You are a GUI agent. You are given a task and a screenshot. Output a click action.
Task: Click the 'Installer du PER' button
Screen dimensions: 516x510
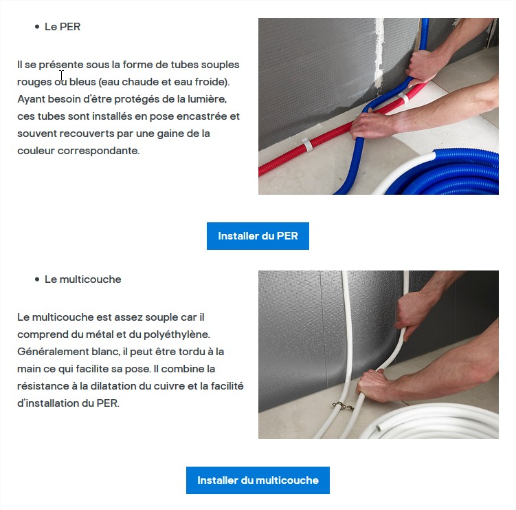258,236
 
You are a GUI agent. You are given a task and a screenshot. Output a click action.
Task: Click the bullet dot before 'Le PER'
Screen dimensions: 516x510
37,27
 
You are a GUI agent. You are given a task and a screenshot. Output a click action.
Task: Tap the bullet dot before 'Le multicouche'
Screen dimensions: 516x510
37,279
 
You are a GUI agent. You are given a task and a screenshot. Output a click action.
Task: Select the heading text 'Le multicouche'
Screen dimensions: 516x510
83,279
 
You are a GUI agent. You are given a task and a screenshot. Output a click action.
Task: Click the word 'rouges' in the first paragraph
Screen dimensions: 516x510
34,82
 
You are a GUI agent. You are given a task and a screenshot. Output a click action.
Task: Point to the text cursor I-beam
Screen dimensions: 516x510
61,75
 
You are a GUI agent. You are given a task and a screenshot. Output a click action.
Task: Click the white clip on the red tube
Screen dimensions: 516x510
307,145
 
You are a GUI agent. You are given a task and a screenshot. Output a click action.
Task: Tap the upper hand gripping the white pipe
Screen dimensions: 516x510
413,313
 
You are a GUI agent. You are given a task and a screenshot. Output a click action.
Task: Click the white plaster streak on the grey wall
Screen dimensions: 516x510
379,53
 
